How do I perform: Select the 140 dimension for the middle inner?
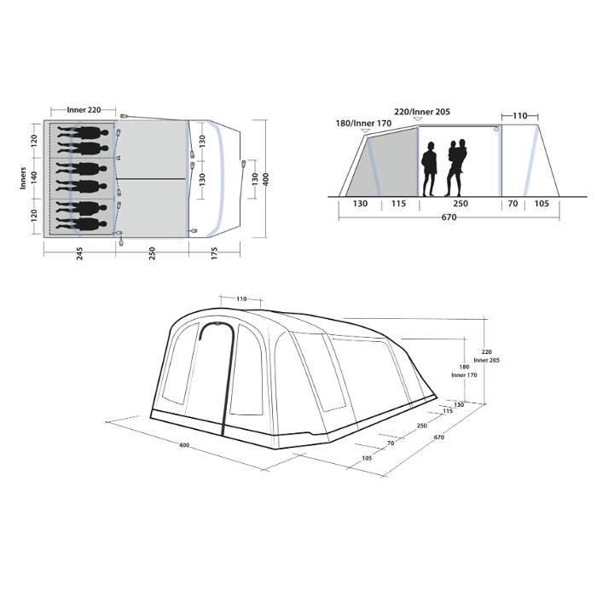tap(34, 177)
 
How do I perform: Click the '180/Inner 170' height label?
tap(363, 123)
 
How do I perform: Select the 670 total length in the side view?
tap(449, 217)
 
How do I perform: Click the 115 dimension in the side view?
tap(398, 205)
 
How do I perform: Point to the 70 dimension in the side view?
tap(512, 205)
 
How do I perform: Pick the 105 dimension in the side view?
tap(542, 205)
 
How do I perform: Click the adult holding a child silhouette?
tap(457, 167)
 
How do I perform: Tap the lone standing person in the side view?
tap(431, 169)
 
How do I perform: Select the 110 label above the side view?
tap(519, 113)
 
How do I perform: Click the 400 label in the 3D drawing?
tap(184, 445)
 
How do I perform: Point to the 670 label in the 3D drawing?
tap(439, 438)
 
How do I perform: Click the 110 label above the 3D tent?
tap(241, 299)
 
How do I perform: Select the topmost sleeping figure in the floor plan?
tap(85, 133)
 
